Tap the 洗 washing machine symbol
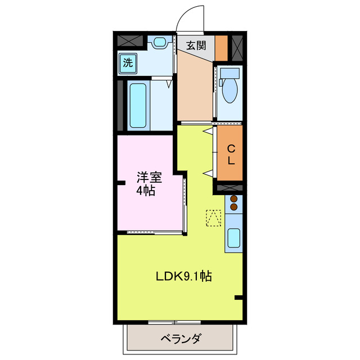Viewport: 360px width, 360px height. pos(128,62)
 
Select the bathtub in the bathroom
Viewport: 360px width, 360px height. pos(138,105)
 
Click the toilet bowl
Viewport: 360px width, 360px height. pos(229,91)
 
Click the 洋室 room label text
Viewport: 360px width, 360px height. pos(149,178)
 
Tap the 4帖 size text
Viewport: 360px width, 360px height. pos(146,191)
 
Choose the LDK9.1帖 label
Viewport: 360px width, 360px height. pos(184,277)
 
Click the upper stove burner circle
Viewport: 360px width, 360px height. pos(233,199)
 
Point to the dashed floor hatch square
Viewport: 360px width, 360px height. pos(213,218)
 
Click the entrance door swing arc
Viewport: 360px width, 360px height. pos(188,17)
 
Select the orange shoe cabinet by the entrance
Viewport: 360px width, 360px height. pos(222,48)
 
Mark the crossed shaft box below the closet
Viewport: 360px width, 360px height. pos(229,187)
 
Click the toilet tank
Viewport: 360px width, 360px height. pos(229,73)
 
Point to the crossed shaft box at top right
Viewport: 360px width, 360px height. pos(237,47)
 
